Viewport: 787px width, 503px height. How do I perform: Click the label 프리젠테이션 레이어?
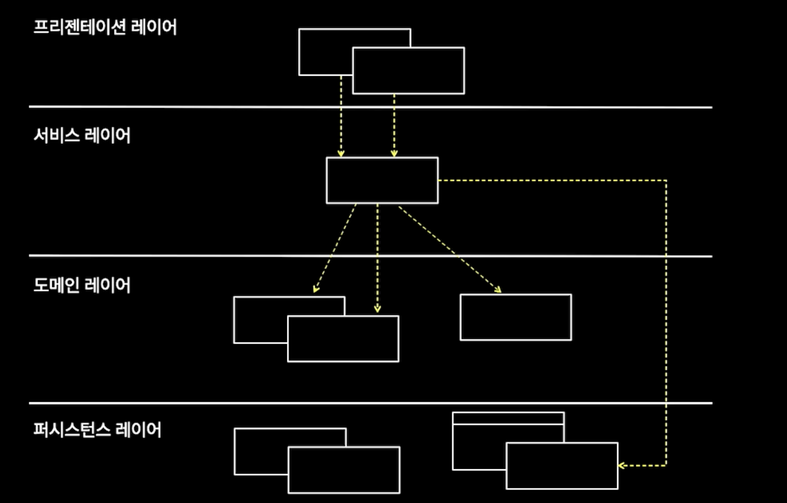(105, 27)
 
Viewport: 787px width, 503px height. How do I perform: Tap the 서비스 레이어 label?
(81, 135)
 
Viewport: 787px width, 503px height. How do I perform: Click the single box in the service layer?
(382, 180)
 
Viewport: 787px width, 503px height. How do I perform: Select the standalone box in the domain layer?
(515, 317)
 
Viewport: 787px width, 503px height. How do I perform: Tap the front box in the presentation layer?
(408, 70)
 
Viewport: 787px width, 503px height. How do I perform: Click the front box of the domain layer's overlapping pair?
(343, 339)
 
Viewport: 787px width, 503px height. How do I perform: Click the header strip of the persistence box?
(508, 418)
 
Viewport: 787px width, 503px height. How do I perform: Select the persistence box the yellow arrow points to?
(562, 466)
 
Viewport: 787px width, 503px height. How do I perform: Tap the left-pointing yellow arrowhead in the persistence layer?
(621, 466)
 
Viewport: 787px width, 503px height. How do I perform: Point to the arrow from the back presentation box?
(341, 117)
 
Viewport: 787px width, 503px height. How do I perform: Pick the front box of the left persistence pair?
(343, 469)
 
